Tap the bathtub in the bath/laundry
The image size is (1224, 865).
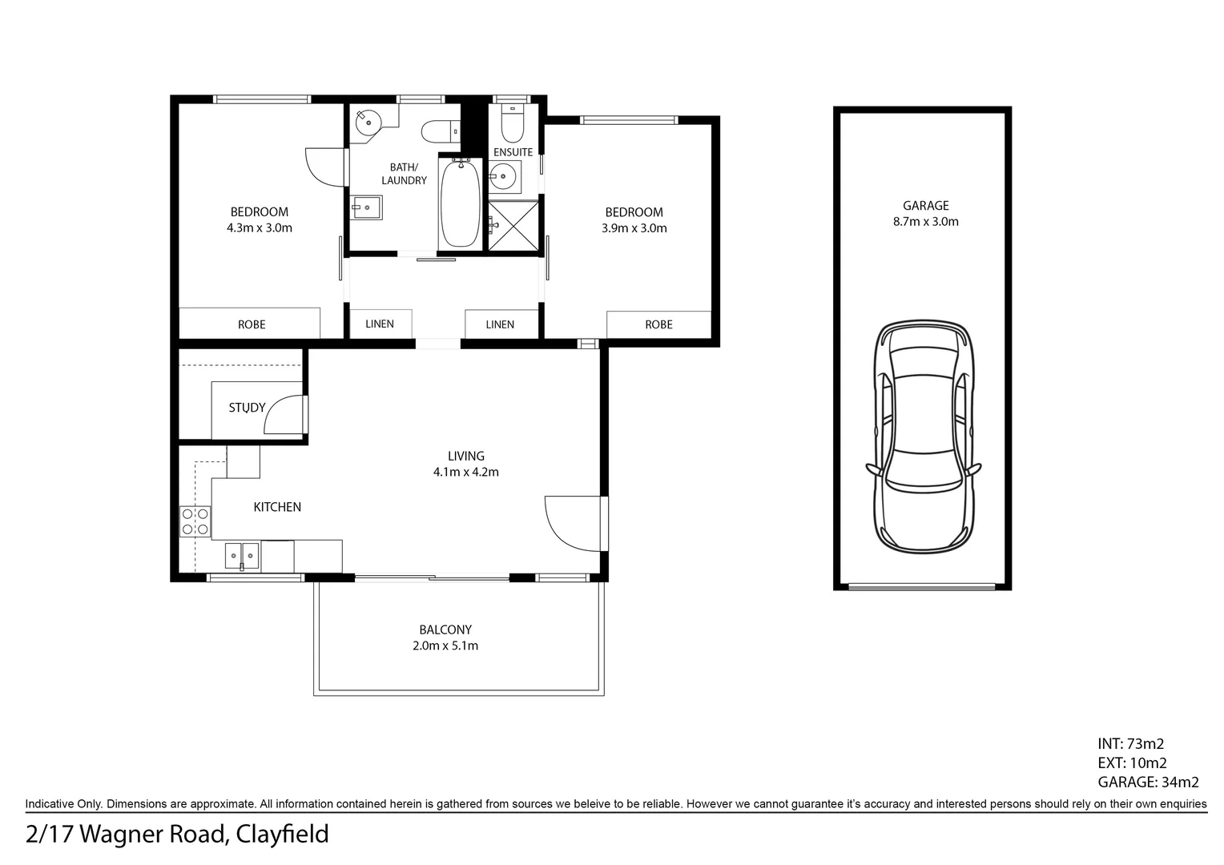pos(460,203)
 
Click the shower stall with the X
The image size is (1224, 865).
pos(513,225)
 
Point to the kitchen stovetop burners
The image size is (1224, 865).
pos(195,521)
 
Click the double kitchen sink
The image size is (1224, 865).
pos(241,554)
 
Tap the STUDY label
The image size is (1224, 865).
pos(247,408)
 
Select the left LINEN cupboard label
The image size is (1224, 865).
pos(380,324)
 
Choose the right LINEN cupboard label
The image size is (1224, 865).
pos(500,324)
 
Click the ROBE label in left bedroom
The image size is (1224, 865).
pos(252,324)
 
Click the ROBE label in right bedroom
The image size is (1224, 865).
pos(658,324)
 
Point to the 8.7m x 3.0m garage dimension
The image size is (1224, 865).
pos(925,222)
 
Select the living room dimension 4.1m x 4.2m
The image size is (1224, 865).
pos(465,472)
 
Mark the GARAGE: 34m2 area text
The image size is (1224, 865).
pos(1147,783)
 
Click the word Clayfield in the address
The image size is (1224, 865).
pos(283,835)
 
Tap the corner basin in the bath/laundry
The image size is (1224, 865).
pos(368,121)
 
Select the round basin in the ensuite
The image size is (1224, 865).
pos(504,174)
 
